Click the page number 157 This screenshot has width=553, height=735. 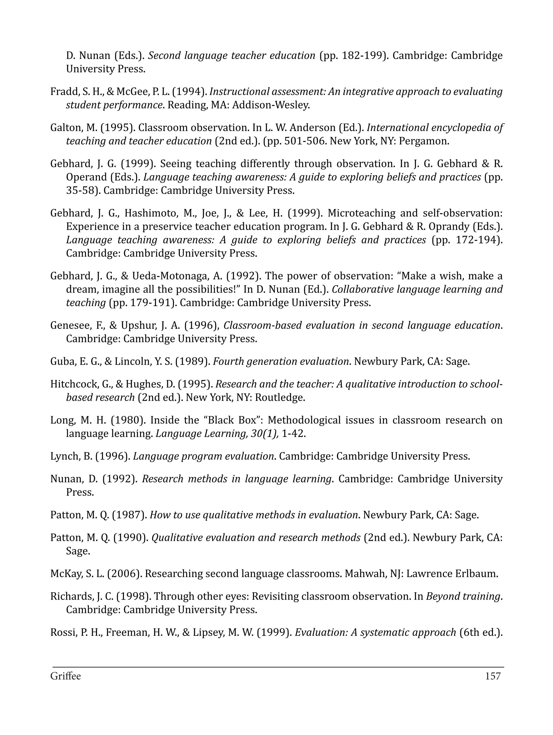(x=493, y=676)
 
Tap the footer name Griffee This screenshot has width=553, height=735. (x=65, y=676)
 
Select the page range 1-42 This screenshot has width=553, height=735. (x=293, y=434)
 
